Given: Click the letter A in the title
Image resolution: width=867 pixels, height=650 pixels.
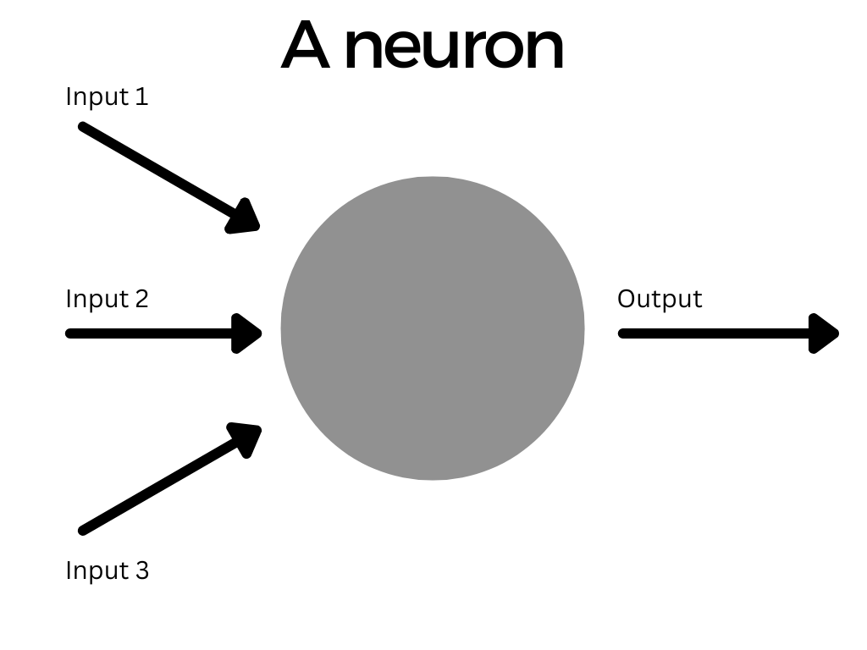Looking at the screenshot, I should click(x=305, y=47).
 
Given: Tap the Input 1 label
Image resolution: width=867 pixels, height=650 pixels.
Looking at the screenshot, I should click(x=107, y=96).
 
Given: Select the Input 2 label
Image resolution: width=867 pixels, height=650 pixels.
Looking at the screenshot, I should click(x=107, y=299).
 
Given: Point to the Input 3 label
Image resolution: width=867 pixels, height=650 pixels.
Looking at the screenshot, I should click(x=107, y=570).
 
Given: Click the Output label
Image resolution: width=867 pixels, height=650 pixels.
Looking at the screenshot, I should click(x=660, y=299).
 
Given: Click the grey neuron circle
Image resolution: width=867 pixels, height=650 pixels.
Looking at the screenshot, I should click(x=433, y=328).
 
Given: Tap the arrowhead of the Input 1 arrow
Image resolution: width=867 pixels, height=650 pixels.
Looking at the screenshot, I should click(x=246, y=218).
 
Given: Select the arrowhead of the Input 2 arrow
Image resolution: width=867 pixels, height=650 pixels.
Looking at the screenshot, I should click(x=249, y=333).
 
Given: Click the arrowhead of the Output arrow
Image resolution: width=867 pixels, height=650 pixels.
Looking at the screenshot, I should click(x=825, y=333).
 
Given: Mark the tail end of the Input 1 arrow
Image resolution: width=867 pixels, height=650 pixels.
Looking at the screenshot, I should click(x=83, y=127).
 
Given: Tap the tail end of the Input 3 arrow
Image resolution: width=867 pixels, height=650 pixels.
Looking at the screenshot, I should click(x=83, y=531).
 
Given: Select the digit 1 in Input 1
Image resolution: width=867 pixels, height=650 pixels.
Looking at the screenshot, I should click(x=141, y=96).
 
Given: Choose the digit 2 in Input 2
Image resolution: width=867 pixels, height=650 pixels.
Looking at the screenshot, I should click(x=141, y=299).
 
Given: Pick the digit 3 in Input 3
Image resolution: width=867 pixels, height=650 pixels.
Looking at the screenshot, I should click(x=141, y=570).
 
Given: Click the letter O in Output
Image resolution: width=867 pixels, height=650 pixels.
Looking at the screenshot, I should click(x=626, y=299).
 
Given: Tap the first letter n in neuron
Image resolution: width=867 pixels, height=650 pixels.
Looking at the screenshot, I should click(x=362, y=51).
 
